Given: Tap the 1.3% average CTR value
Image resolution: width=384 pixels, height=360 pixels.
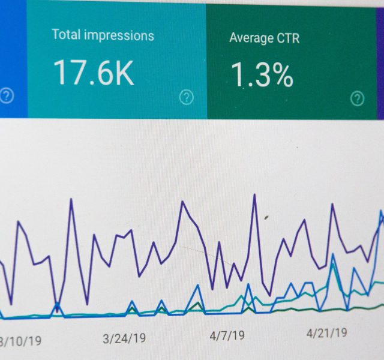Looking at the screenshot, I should tap(262, 74).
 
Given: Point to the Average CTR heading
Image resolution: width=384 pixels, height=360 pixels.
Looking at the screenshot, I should tap(265, 38).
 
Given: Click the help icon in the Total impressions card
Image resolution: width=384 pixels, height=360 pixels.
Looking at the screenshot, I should tap(187, 97).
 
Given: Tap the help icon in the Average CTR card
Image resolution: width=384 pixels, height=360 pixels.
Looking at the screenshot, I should tap(358, 98).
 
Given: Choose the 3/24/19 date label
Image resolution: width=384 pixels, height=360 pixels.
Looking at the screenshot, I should tap(124, 339).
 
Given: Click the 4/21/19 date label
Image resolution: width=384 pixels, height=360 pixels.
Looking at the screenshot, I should tap(326, 333).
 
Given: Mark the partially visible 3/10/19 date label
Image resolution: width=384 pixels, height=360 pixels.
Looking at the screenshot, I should tap(20, 341).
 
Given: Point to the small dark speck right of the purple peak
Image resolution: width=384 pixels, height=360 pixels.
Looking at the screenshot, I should tap(266, 217).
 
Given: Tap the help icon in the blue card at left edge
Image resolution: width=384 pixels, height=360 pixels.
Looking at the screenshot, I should tap(7, 95).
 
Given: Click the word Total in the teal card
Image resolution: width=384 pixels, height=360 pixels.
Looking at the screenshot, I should tap(66, 34).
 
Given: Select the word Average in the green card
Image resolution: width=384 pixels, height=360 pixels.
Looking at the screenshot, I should tap(251, 38).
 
